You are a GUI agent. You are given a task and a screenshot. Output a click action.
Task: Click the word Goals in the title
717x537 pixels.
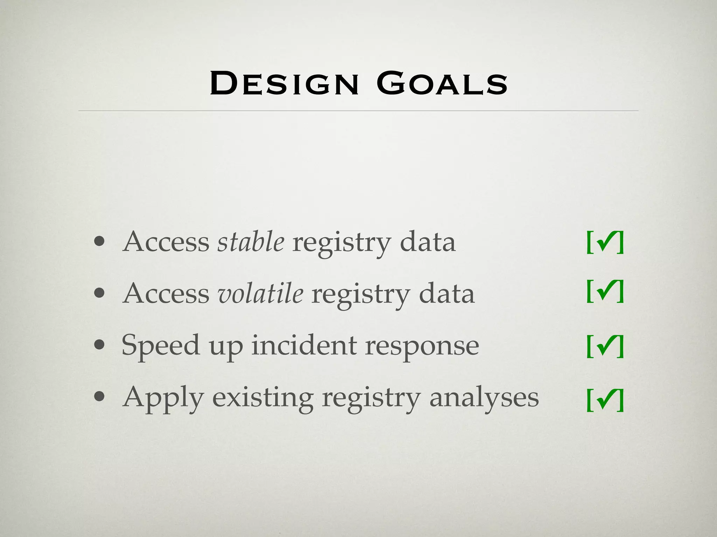(x=442, y=84)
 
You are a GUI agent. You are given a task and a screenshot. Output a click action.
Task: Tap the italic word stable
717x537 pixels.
(x=251, y=242)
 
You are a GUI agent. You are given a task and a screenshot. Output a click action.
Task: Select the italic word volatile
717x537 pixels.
(x=260, y=293)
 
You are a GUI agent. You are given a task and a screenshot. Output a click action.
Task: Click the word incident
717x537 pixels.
(x=304, y=345)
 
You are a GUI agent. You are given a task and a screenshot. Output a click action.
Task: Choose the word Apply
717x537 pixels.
(x=163, y=398)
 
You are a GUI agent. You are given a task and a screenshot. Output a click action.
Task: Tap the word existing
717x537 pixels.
(x=263, y=398)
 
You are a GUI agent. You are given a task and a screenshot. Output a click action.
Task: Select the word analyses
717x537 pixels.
(x=484, y=398)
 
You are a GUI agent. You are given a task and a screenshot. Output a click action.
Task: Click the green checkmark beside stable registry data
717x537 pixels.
(x=605, y=242)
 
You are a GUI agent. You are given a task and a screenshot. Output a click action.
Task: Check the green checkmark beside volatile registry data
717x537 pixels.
(x=605, y=291)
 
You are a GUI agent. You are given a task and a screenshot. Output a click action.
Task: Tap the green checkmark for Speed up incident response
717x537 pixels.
(x=605, y=346)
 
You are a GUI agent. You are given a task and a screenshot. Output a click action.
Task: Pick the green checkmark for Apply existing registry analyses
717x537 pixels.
(x=605, y=400)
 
